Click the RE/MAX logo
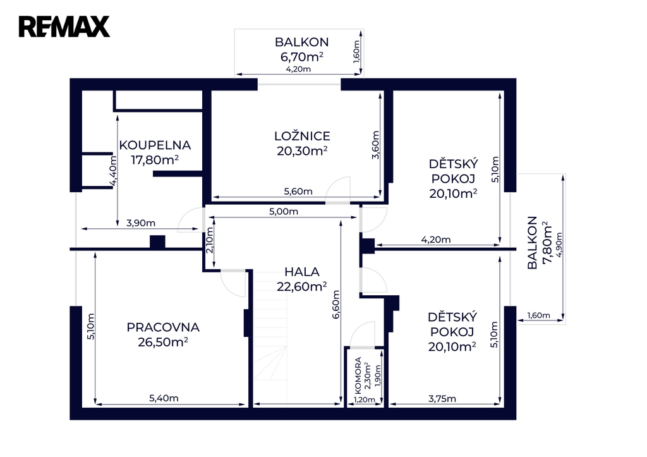(x=64, y=27)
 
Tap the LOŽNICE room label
(x=302, y=137)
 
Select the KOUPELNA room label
(x=155, y=145)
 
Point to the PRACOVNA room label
(x=163, y=327)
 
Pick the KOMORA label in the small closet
(x=358, y=375)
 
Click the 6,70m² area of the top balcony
(x=302, y=57)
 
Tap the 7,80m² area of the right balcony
(x=547, y=243)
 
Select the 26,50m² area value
(x=163, y=342)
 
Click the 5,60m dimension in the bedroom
(x=298, y=192)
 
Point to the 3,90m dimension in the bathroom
(x=141, y=223)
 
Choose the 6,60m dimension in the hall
(x=336, y=304)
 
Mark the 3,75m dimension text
(x=442, y=399)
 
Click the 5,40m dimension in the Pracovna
(x=164, y=398)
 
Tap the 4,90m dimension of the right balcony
(x=559, y=245)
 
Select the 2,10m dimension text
(x=210, y=240)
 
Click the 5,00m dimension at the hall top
(x=284, y=212)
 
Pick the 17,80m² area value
(x=155, y=160)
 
